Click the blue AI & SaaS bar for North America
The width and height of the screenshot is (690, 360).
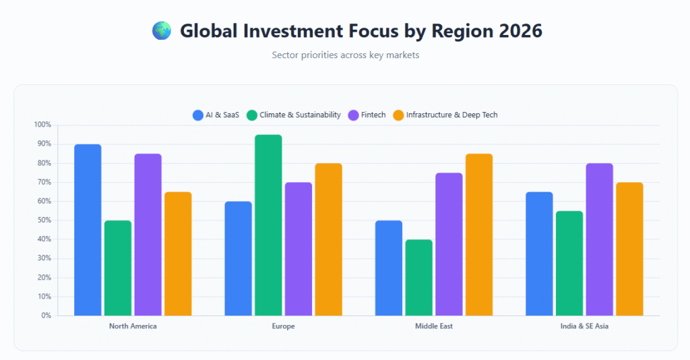(x=88, y=230)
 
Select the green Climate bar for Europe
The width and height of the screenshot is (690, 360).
(x=268, y=225)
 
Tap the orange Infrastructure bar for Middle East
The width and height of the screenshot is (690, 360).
(x=479, y=235)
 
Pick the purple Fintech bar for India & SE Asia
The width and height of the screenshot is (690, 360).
(x=599, y=239)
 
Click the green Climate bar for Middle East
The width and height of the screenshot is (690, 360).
(x=418, y=277)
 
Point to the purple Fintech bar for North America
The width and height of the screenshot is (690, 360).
(x=148, y=235)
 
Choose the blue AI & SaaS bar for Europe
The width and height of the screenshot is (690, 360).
(x=238, y=258)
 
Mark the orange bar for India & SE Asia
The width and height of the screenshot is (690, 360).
(x=629, y=249)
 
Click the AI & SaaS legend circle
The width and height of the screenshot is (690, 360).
(x=198, y=115)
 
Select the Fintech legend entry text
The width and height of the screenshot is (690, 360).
(x=373, y=115)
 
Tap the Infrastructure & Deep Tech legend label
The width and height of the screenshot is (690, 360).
(x=451, y=115)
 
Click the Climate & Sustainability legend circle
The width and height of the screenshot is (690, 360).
(x=252, y=115)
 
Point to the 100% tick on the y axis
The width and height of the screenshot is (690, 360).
(x=42, y=125)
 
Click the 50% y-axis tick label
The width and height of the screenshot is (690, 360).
(x=43, y=220)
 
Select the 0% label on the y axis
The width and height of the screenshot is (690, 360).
(x=45, y=316)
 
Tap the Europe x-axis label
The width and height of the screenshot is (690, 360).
(x=284, y=326)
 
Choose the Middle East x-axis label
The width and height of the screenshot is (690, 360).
(x=434, y=326)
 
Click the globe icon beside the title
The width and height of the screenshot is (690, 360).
(x=162, y=30)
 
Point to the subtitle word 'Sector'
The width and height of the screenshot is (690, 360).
(x=285, y=55)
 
